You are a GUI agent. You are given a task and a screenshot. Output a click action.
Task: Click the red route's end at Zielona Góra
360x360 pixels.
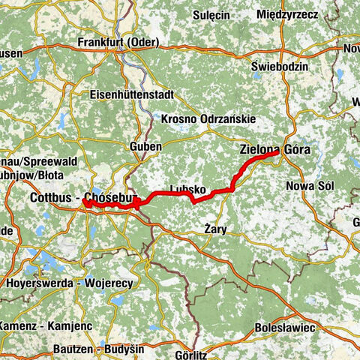coord(278,152)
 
